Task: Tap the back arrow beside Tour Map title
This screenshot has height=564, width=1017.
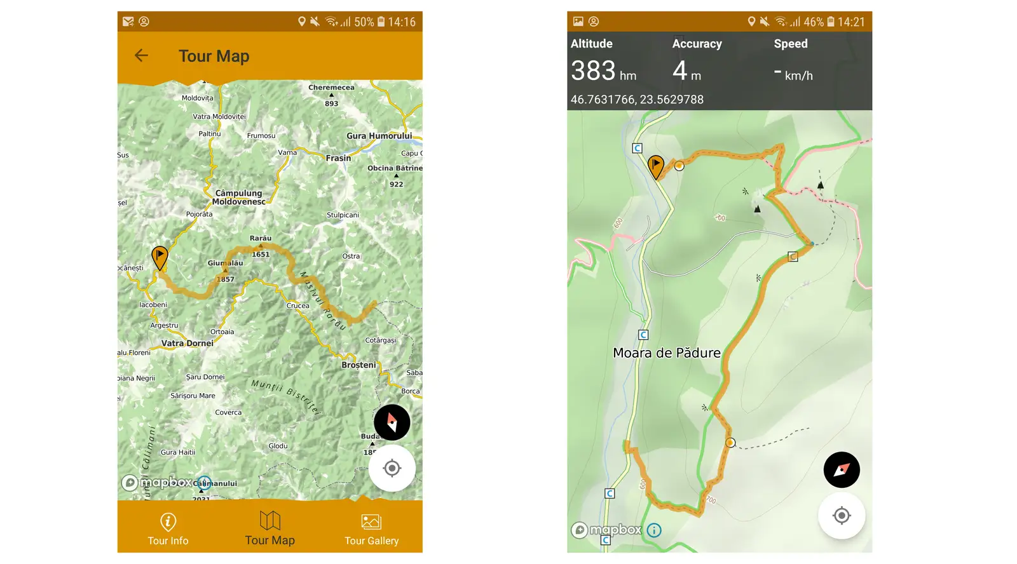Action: click(141, 56)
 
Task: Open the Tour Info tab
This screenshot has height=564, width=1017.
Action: click(168, 529)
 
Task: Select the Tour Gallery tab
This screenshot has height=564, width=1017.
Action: click(371, 529)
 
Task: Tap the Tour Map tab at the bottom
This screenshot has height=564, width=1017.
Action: click(270, 529)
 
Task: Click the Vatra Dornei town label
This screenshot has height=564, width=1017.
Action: click(187, 343)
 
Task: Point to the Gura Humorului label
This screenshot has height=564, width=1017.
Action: click(379, 136)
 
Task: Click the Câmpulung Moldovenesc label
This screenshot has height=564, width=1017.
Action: click(238, 198)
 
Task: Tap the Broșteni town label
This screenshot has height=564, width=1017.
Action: click(358, 365)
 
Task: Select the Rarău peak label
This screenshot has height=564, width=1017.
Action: click(261, 238)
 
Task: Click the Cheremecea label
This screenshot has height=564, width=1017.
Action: click(331, 88)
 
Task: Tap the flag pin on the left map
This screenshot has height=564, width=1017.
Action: click(160, 257)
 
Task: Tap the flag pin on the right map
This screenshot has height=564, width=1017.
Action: click(655, 166)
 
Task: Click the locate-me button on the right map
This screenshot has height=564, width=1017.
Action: click(842, 516)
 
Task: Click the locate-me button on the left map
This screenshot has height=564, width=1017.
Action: click(392, 469)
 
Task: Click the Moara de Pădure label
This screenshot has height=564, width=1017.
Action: click(666, 353)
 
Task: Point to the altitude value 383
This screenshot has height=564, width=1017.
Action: click(593, 70)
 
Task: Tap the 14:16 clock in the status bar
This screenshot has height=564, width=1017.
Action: click(402, 22)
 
